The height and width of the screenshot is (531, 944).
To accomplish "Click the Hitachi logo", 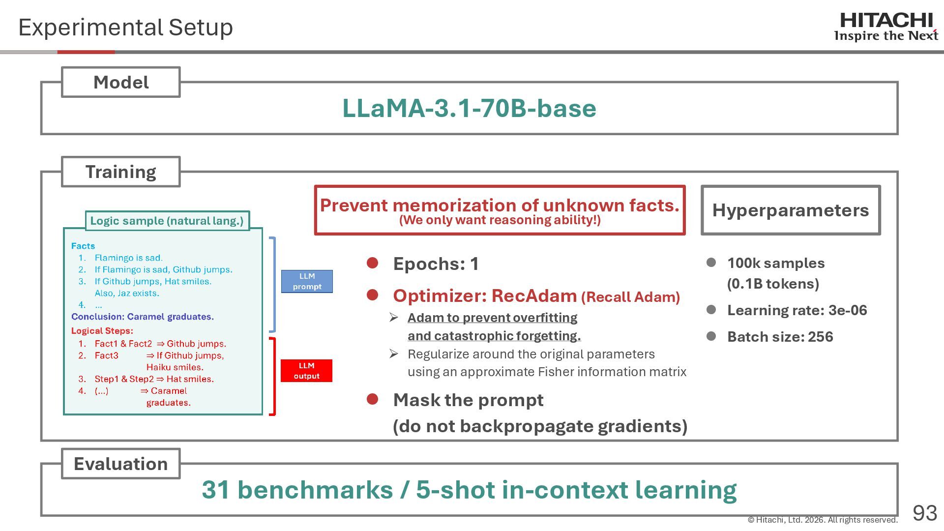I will (886, 27).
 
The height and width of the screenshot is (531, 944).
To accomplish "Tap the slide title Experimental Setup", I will (125, 27).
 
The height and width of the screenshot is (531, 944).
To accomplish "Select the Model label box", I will (120, 82).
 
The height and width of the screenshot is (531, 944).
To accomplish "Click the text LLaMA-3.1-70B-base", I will (469, 108).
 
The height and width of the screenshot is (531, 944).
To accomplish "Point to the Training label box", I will (120, 172).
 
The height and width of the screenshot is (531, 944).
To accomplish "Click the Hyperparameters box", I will (790, 210).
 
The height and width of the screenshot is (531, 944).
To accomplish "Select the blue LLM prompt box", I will (307, 281).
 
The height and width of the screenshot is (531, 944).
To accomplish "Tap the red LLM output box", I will (306, 371).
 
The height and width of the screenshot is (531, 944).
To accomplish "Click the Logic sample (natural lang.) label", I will (167, 221).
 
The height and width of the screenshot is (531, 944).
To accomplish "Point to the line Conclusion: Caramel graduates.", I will (142, 317).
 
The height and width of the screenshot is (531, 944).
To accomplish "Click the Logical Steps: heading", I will (102, 331).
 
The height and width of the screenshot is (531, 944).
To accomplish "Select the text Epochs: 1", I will (436, 264).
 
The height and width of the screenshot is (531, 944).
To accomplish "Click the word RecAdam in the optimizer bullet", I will (534, 295).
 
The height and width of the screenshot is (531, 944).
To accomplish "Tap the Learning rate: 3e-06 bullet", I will (796, 310).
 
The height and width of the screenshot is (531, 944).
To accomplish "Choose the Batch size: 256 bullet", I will (780, 337).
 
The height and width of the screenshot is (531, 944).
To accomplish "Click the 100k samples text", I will (775, 263).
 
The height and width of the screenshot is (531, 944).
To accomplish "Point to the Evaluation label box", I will (120, 464).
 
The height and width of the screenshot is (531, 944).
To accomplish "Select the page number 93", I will (924, 513).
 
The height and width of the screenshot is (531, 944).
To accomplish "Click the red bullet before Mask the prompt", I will (372, 399).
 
